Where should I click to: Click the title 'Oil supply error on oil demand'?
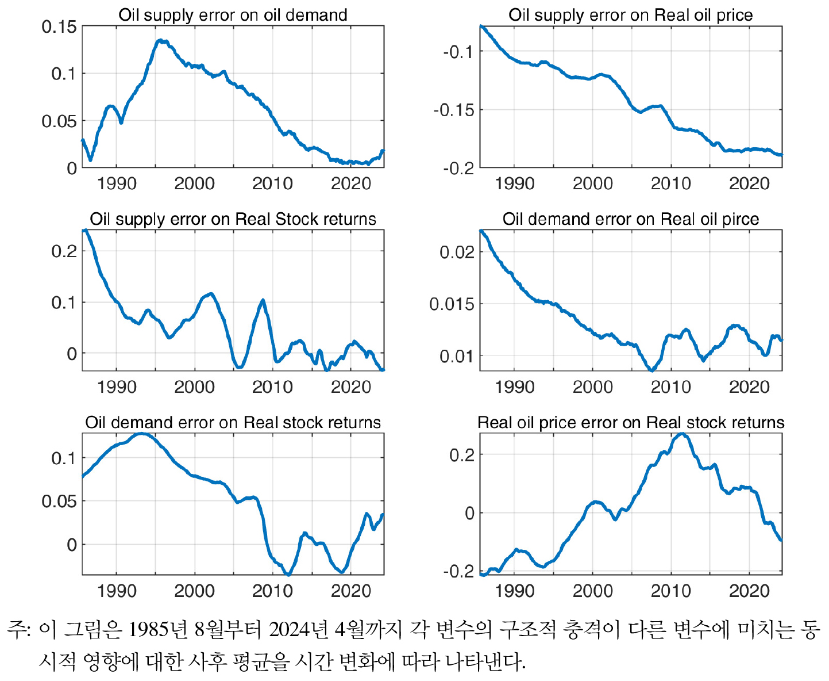[x=233, y=15]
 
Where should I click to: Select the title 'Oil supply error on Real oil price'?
[x=630, y=15]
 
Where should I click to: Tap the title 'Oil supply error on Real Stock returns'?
[x=233, y=219]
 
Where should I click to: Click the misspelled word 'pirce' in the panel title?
[x=741, y=219]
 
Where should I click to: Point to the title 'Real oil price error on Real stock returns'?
[x=630, y=423]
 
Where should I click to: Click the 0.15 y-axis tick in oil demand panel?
[x=59, y=26]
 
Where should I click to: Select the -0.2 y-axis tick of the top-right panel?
[x=458, y=168]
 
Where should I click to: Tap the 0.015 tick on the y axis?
[x=452, y=304]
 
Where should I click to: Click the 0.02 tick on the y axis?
[x=457, y=252]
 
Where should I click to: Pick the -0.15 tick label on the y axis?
[x=454, y=110]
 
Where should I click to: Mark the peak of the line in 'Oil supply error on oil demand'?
[x=161, y=40]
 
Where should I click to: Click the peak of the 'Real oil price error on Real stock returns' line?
[x=681, y=434]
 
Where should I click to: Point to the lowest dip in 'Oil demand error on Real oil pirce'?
[x=651, y=370]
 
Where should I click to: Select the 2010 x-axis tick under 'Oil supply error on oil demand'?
[x=272, y=183]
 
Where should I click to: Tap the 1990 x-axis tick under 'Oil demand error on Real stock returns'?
[x=117, y=591]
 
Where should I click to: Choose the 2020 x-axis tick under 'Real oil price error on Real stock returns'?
[x=749, y=591]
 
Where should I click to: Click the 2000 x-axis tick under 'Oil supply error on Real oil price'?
[x=592, y=183]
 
